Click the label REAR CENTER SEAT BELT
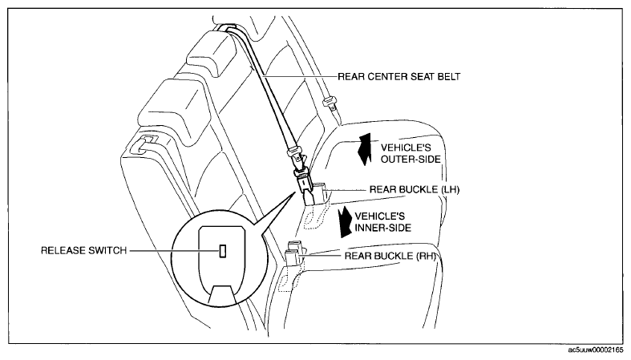(x=398, y=76)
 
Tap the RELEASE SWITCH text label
(x=83, y=251)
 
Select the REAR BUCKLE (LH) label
(x=414, y=189)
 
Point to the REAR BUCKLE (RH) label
(x=390, y=256)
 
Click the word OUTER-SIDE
(x=411, y=160)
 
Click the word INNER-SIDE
(x=382, y=228)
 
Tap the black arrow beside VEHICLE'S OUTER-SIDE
(x=365, y=149)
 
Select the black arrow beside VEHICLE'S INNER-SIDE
(x=346, y=221)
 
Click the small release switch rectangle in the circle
(x=222, y=251)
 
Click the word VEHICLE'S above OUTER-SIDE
(x=400, y=148)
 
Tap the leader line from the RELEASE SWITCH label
(x=174, y=251)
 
